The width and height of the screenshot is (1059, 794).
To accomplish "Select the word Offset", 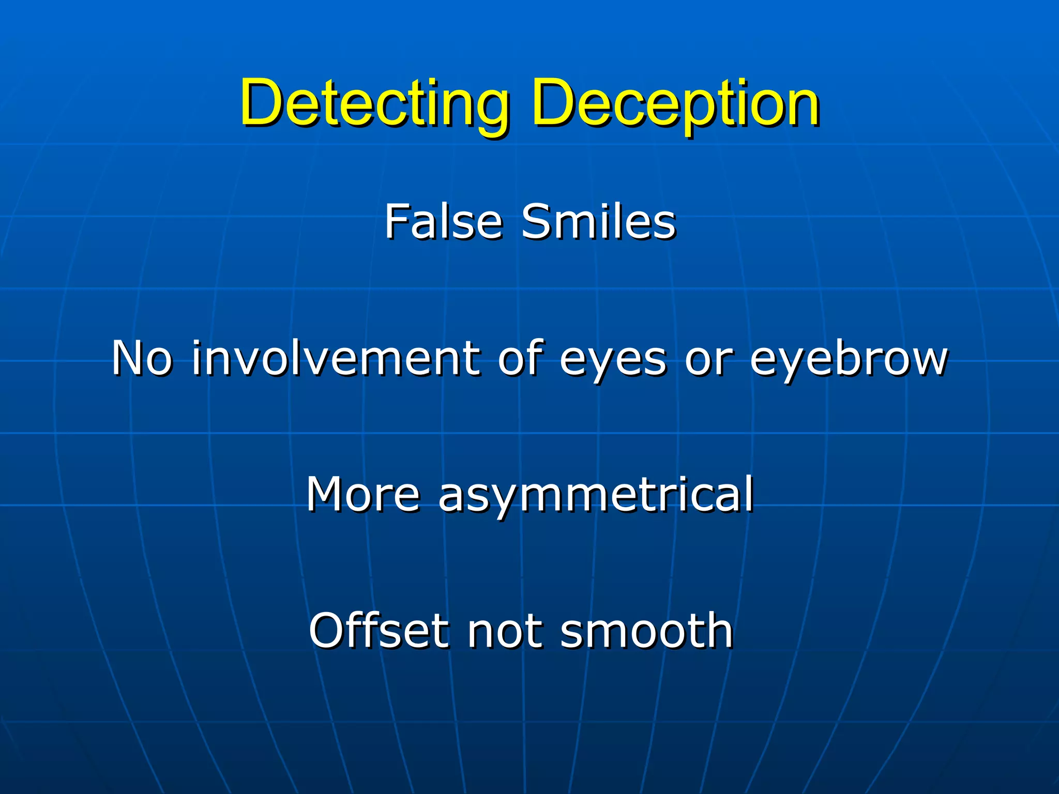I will point(379,630).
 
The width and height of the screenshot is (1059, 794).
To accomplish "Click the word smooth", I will point(646,630).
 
